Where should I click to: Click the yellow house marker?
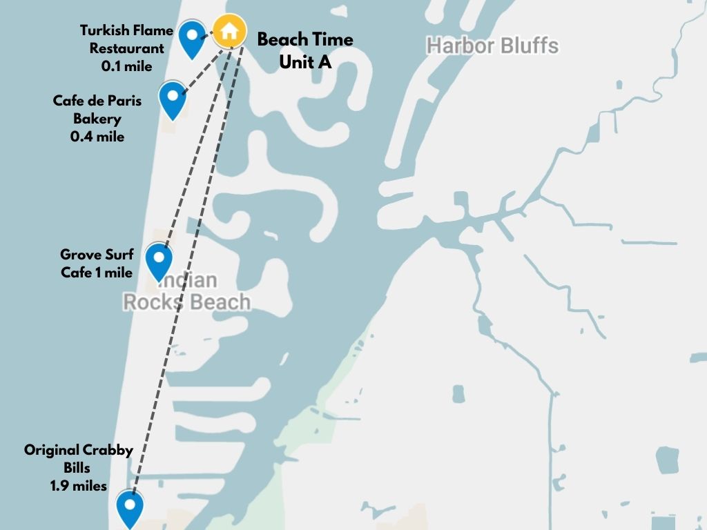pos(229,31)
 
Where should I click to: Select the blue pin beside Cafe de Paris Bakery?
pos(172,97)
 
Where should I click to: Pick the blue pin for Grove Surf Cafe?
pos(159,260)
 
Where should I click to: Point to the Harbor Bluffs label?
pos(492,46)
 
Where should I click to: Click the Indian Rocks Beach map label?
pos(186,292)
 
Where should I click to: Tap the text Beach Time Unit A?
pos(305,50)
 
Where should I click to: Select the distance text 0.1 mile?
pos(126,66)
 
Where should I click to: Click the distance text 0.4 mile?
pos(97,137)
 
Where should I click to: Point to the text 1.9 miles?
pos(78,486)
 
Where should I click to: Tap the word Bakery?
pos(97,119)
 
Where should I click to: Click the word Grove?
pos(78,255)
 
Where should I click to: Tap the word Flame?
pos(148,30)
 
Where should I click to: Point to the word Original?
pos(51,450)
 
